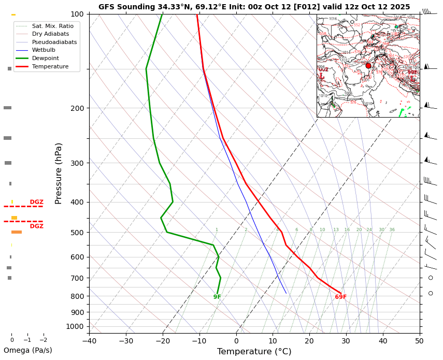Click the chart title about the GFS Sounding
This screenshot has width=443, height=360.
254,7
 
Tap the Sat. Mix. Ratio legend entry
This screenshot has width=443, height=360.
52,25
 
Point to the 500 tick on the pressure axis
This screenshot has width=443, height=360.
77,233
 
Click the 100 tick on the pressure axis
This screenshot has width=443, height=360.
77,14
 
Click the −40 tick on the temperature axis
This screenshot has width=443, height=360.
89,341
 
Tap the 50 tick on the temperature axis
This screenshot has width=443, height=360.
419,341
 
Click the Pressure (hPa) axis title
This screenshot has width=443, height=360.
59,173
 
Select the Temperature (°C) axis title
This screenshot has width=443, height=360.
254,352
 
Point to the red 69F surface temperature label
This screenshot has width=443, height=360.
340,297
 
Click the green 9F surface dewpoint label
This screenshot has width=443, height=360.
217,297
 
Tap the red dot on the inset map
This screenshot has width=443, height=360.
368,66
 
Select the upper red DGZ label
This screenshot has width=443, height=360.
36,202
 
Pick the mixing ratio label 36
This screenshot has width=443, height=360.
392,230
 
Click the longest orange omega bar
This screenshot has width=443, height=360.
17,232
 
